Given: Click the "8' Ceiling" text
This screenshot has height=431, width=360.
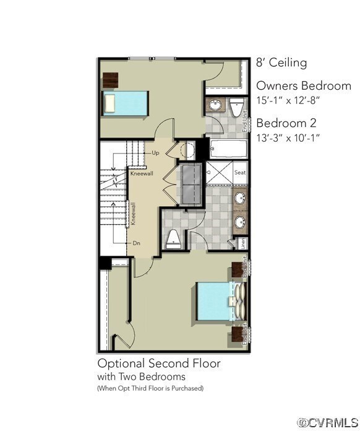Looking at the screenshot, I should (281, 63).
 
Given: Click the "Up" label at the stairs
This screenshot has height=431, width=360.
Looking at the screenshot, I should (155, 152).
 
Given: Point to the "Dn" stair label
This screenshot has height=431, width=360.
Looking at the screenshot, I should (137, 243).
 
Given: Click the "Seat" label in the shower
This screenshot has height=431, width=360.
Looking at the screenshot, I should (240, 173).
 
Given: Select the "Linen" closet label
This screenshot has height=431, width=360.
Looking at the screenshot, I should (244, 243).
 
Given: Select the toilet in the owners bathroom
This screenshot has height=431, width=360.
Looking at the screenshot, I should (174, 237).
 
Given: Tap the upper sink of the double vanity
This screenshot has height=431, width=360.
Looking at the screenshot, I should (240, 199).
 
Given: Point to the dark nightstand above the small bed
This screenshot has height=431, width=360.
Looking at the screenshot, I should (110, 80).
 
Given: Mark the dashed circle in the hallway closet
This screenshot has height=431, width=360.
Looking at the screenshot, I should (188, 150).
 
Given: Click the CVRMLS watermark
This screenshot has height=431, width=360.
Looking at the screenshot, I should (326, 422).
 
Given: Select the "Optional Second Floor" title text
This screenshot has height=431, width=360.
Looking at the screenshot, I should (159, 363).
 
